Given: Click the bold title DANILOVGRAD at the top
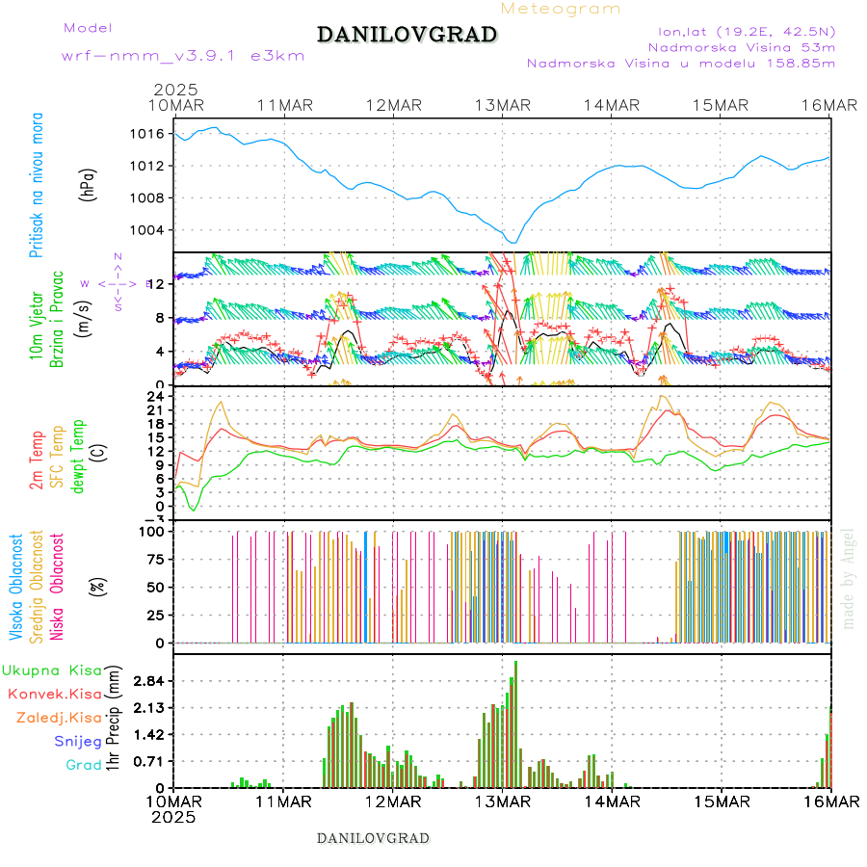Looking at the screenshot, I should [407, 35].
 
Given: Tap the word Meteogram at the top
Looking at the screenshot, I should [561, 9].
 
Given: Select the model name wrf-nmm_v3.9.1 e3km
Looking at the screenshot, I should [183, 56].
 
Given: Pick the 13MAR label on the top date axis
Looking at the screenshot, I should [502, 105].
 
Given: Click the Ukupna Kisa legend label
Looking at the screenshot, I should [52, 670].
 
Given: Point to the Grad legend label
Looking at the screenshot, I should [83, 765].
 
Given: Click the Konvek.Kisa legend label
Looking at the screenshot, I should [55, 694].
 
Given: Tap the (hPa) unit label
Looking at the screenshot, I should [89, 184].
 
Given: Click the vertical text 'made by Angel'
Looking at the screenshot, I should [849, 578].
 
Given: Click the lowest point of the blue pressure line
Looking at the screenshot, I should [514, 243].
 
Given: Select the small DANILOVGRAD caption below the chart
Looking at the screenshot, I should [374, 838].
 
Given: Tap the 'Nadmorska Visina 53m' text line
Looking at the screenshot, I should [741, 46].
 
